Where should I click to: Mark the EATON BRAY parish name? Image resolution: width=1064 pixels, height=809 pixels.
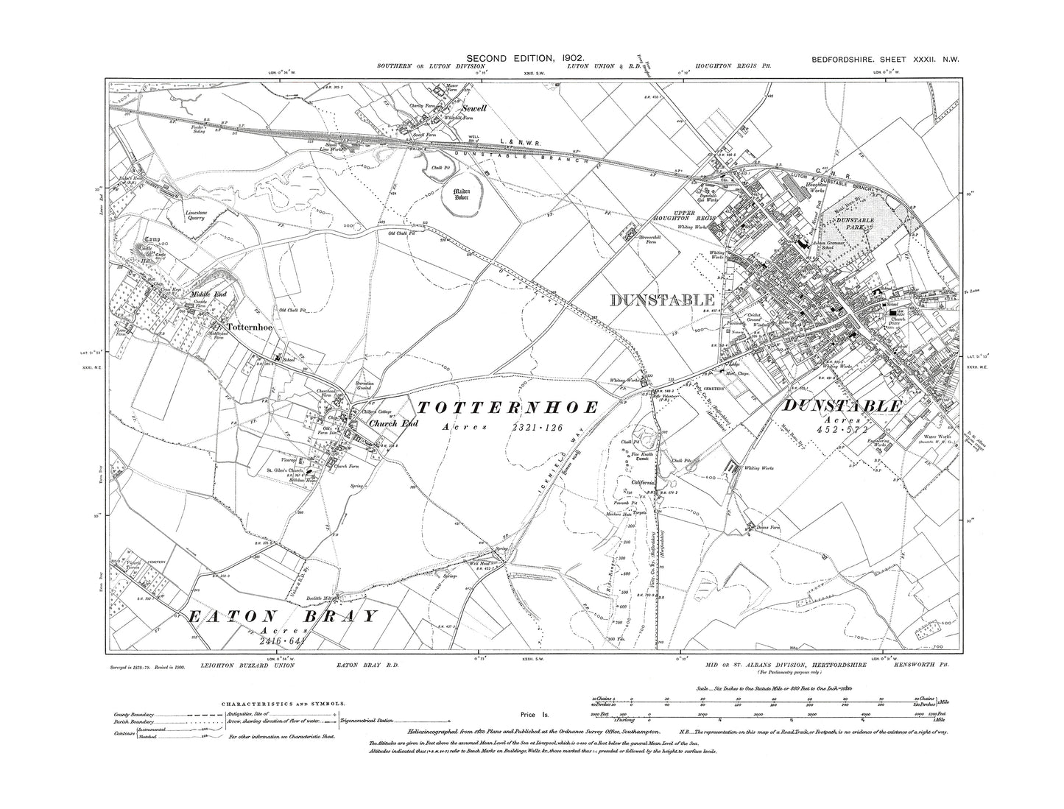pyautogui.click(x=281, y=616)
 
